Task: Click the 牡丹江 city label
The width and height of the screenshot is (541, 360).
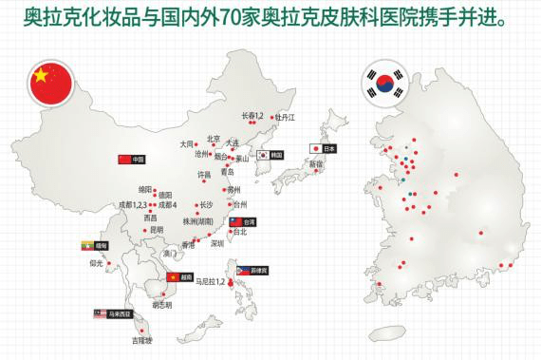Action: [x=286, y=117]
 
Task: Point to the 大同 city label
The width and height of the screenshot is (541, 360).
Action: [x=186, y=144]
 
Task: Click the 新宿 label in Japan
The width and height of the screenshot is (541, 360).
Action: [x=314, y=164]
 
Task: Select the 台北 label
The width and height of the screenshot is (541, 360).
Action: [x=239, y=231]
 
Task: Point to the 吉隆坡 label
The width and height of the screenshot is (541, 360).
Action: [x=140, y=339]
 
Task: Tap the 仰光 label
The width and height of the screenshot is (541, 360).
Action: [x=96, y=263]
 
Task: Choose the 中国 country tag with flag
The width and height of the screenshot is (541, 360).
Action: [x=131, y=159]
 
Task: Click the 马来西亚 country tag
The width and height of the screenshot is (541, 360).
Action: [x=112, y=311]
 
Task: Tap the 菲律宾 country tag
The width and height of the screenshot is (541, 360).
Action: [x=251, y=269]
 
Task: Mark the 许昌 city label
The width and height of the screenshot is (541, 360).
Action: [x=204, y=175]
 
